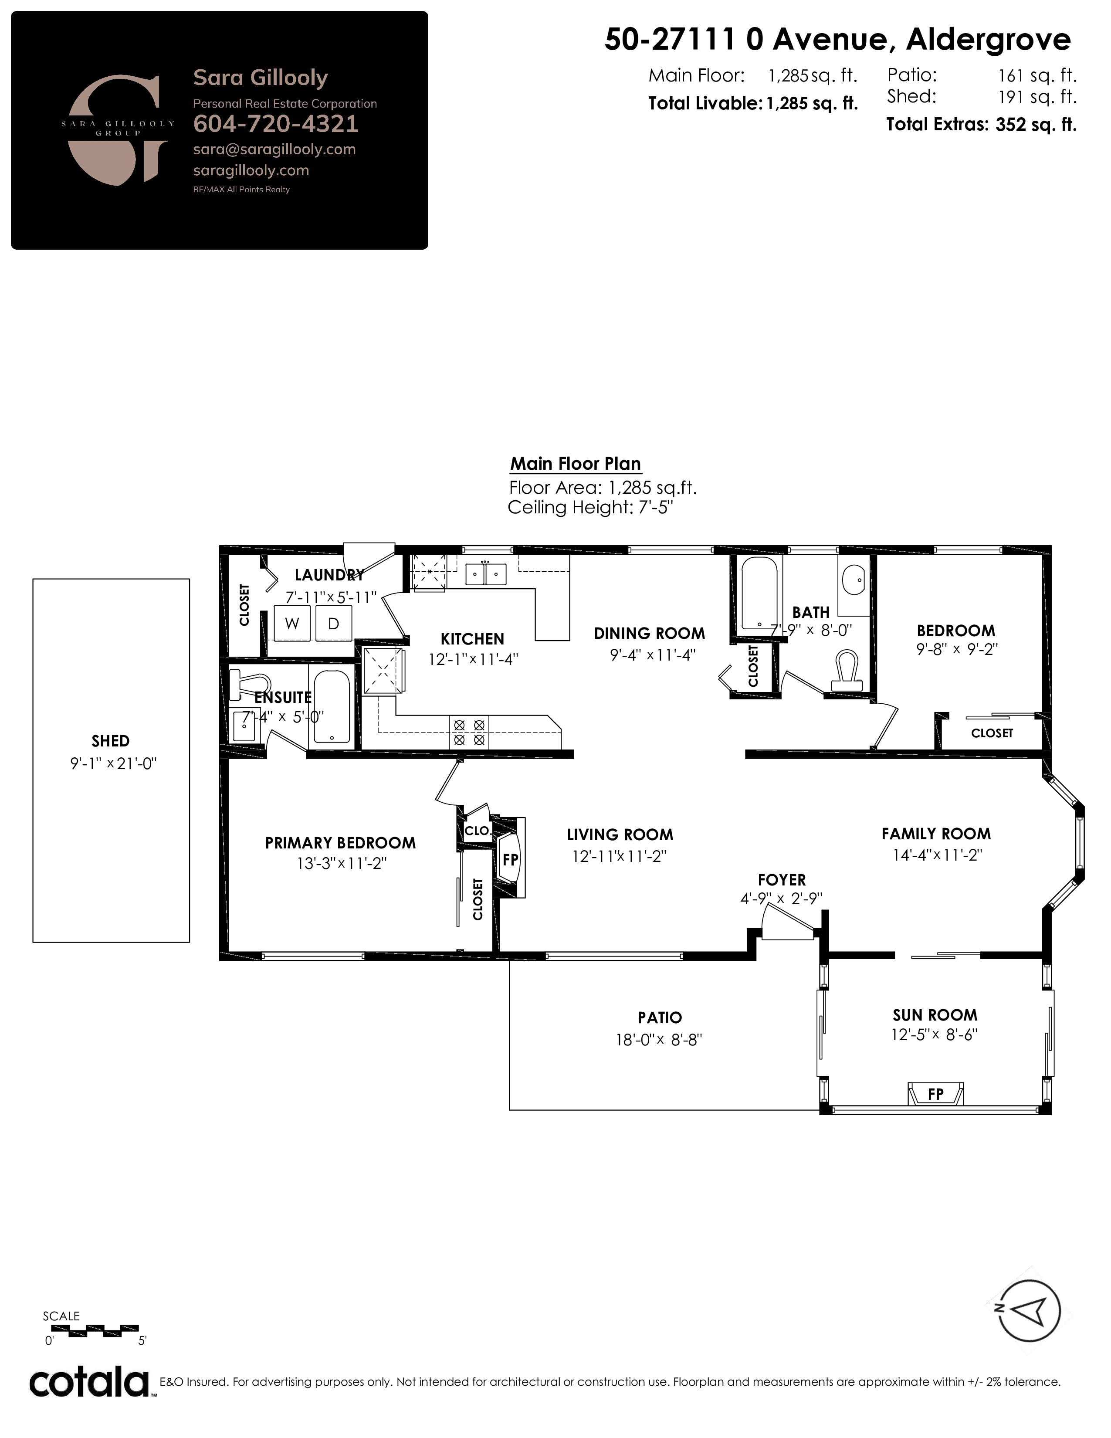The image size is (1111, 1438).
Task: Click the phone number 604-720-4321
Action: point(276,124)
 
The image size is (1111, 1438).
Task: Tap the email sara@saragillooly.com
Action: point(274,149)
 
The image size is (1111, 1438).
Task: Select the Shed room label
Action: point(111,741)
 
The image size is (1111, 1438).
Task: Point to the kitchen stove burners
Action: point(469,732)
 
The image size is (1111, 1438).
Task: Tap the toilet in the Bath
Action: point(847,671)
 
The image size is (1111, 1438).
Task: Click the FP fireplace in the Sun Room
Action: point(935,1094)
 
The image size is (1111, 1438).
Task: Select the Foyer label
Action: point(781,880)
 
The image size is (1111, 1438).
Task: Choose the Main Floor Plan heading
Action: point(575,464)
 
